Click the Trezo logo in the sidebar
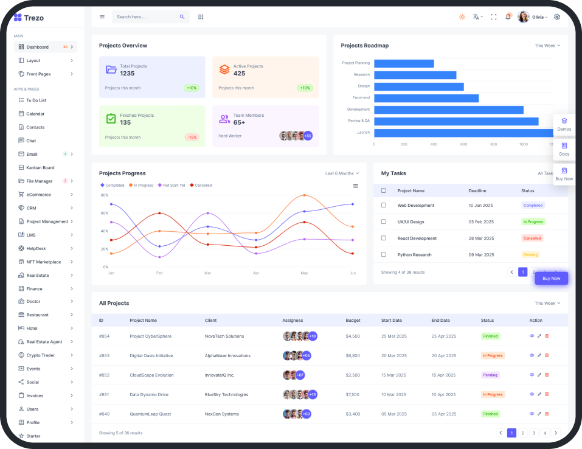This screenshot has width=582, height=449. click(x=29, y=18)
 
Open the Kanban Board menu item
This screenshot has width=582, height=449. click(x=40, y=167)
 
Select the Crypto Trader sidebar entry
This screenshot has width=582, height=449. click(x=40, y=355)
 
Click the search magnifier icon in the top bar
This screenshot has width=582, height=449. click(x=182, y=17)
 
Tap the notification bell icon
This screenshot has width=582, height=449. click(x=508, y=17)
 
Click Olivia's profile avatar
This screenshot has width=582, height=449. click(x=524, y=17)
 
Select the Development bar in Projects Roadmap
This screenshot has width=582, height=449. click(x=448, y=110)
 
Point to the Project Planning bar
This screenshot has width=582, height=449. click(x=404, y=63)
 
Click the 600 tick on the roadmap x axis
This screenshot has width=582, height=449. click(x=463, y=144)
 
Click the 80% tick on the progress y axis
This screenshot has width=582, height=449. click(x=105, y=195)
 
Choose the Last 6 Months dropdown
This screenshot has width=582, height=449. click(x=342, y=173)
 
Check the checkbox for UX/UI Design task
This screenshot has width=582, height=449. click(x=383, y=221)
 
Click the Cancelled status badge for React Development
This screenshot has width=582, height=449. click(x=532, y=238)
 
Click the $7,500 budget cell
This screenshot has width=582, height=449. click(x=353, y=394)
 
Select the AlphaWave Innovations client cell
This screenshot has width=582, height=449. click(x=227, y=355)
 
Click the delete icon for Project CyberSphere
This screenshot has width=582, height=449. click(x=547, y=336)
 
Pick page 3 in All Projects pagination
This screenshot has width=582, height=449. click(x=533, y=433)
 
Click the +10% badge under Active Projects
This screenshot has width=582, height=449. click(x=305, y=88)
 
